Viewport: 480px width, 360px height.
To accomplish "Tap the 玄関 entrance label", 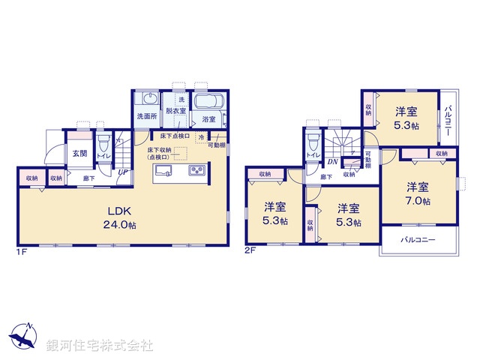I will coord(79,153).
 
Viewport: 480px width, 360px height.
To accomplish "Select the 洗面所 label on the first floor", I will coord(146,116).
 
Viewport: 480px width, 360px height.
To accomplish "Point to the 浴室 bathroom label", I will coord(208,119).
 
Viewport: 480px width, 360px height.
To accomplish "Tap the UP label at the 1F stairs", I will coord(121,172).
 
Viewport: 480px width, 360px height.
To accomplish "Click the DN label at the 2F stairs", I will coord(331,160).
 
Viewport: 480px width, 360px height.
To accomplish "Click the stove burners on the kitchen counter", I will coord(197,172).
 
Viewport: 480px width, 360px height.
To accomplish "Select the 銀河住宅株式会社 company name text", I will coord(100,346).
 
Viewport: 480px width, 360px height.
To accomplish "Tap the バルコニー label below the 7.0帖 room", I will coord(418,241).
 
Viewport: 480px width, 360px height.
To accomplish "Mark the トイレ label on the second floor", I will coord(310,156).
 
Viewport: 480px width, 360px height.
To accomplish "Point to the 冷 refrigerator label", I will coord(201,137).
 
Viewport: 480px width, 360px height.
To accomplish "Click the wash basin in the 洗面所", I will coord(149,97).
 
